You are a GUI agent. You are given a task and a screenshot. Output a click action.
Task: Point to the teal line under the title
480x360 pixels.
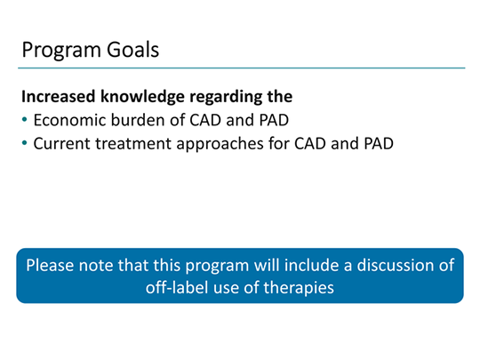pyautogui.click(x=240, y=68)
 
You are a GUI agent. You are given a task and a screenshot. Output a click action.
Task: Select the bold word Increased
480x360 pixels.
pyautogui.click(x=60, y=96)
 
